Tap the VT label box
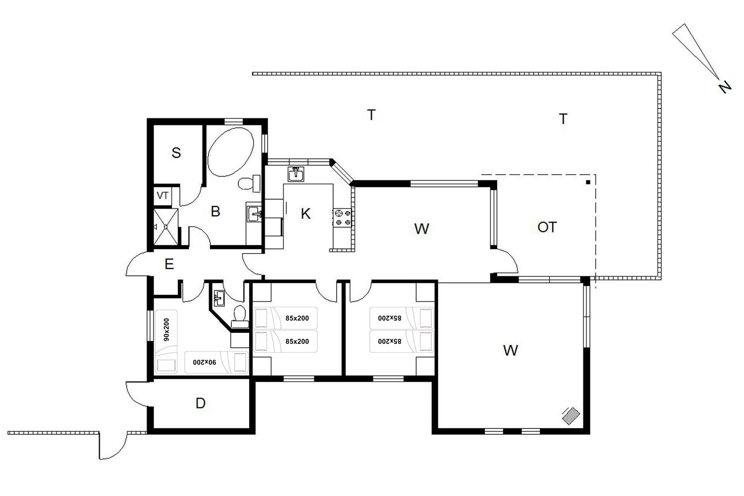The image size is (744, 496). [x=163, y=196]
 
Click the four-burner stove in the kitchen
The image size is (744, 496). [x=343, y=217]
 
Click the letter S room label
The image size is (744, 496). [x=176, y=153]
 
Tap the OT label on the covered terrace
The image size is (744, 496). [x=547, y=227]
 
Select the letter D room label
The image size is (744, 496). [x=200, y=403]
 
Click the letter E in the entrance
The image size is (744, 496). [x=169, y=264]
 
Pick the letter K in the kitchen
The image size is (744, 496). [x=306, y=214]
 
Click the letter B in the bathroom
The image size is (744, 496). [x=215, y=211]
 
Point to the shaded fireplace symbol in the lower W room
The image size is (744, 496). [x=571, y=417]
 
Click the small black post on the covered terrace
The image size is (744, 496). [x=588, y=182]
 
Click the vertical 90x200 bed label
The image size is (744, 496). [x=167, y=329]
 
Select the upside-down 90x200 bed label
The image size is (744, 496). [x=205, y=362]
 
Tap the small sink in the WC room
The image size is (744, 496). [x=219, y=298]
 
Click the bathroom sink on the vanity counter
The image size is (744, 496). [x=254, y=214]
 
